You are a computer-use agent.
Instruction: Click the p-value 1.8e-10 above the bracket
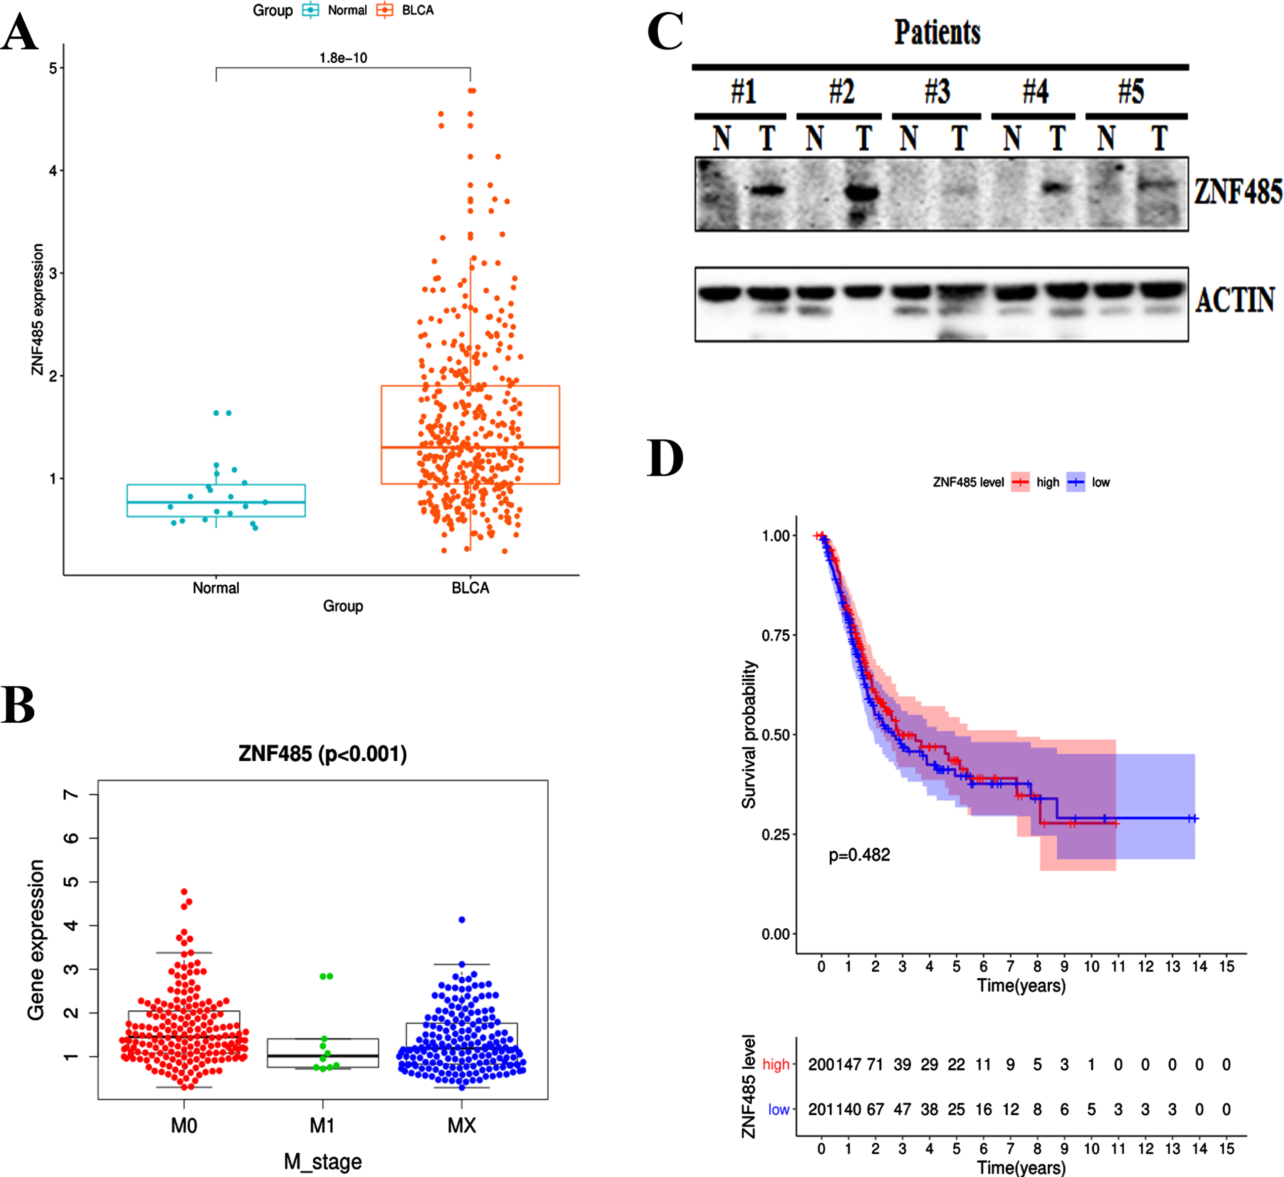coord(343,58)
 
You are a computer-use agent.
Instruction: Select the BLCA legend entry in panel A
coord(405,10)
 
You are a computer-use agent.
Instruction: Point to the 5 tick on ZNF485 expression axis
coord(53,68)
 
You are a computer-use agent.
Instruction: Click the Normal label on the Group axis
coord(216,588)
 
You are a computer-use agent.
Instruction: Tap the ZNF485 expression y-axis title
coord(38,309)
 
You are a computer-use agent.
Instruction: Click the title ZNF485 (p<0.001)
coord(323,753)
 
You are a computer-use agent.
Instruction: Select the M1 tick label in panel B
coord(322,1126)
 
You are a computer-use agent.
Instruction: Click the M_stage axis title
coord(323,1162)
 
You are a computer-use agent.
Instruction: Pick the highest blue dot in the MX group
coord(462,919)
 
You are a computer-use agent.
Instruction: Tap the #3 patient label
coord(938,92)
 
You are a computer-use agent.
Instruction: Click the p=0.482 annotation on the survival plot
coord(859,855)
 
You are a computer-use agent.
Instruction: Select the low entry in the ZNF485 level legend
coord(1088,482)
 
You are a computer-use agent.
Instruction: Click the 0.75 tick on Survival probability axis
coord(776,636)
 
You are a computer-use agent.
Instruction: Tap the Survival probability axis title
coord(749,735)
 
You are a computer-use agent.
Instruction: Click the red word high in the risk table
coord(776,1064)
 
